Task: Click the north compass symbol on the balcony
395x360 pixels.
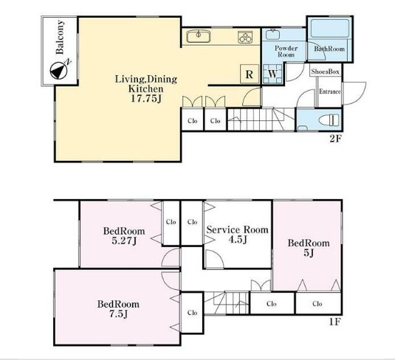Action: (60, 69)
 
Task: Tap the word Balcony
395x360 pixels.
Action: (60, 37)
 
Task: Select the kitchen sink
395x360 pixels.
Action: (199, 36)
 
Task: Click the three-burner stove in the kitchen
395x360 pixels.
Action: (245, 38)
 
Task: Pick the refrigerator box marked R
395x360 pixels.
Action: (250, 74)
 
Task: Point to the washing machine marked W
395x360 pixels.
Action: (272, 74)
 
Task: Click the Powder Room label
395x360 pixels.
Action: (286, 52)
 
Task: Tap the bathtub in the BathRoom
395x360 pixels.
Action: (330, 28)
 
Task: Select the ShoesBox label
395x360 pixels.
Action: (326, 72)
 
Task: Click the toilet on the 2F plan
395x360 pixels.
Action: (329, 120)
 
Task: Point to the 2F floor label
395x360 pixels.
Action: (335, 139)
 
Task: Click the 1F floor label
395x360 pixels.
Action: (335, 322)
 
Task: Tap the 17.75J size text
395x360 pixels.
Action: (146, 98)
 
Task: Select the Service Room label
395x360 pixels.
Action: (237, 229)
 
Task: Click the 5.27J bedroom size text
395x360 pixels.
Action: (124, 241)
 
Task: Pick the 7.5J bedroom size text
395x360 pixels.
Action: (118, 314)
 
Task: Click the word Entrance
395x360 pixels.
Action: (330, 91)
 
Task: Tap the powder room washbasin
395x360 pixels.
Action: (272, 35)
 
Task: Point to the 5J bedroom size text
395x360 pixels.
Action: (309, 253)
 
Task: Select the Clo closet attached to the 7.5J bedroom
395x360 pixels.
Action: (192, 313)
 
